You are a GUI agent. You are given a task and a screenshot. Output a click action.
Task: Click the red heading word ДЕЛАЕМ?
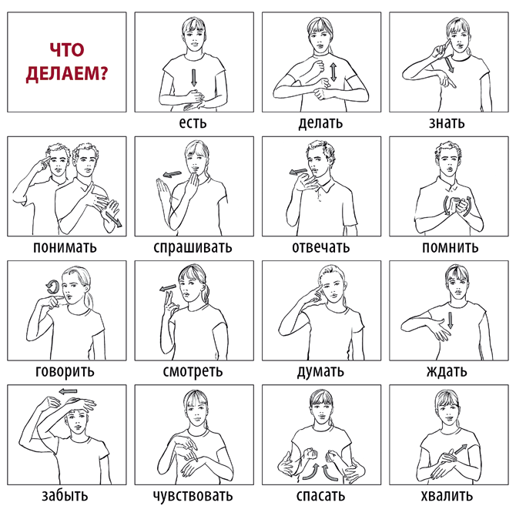point(67,73)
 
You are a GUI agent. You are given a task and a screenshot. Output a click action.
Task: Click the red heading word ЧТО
point(67,50)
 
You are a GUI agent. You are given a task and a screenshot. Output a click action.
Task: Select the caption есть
point(193,122)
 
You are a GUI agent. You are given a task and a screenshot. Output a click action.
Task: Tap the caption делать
point(320,123)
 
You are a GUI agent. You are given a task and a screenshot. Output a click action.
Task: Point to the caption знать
point(447,122)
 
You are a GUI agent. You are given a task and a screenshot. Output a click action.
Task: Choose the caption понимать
point(65,246)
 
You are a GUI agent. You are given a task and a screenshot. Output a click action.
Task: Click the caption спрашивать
point(193,247)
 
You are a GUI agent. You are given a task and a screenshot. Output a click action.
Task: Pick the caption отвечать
point(321,247)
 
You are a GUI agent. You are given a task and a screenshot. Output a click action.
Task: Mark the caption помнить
point(451,247)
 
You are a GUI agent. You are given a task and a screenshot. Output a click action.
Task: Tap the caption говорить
point(65,371)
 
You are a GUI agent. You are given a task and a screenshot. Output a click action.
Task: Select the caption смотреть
point(193,371)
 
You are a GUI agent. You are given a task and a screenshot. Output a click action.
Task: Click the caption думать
point(320,371)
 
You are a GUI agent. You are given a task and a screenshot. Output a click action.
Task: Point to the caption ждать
point(447,371)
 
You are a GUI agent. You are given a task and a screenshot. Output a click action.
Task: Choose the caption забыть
point(65,495)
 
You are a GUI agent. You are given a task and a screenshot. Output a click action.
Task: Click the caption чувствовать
point(193,496)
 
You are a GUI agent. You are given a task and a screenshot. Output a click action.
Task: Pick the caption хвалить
point(447,496)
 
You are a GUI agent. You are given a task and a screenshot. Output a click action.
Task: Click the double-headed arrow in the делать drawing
point(333,72)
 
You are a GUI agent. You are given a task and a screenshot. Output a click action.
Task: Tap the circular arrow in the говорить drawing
point(52,286)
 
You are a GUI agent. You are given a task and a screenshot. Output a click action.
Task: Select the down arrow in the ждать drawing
point(451,320)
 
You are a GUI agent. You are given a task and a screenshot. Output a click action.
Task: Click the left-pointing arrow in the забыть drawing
point(68,391)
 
